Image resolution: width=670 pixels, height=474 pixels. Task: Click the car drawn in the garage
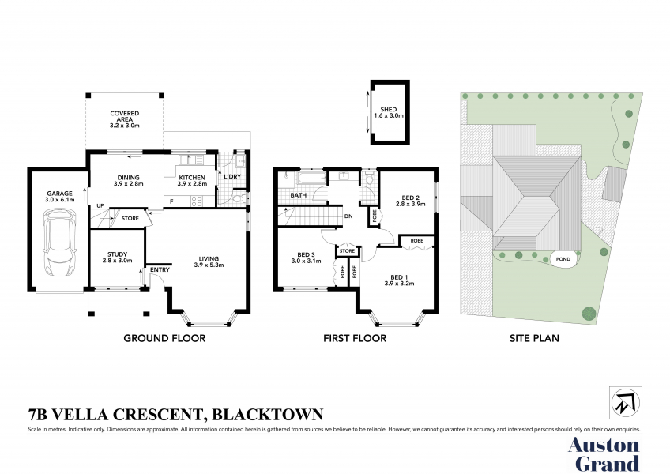point(60,242)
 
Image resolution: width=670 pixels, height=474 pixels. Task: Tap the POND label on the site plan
point(563,259)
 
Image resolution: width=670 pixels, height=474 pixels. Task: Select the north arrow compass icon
point(626,403)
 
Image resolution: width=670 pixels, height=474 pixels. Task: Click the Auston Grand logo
point(604,455)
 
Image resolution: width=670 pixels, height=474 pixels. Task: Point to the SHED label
point(389,110)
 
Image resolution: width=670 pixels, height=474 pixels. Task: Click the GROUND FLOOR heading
point(164,338)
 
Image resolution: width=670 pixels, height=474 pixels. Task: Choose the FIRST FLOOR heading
point(355,338)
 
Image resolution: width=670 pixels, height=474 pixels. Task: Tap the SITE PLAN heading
point(534,338)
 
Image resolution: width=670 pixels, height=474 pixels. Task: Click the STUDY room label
point(117,254)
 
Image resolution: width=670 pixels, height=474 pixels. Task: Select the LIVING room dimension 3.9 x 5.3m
point(209,265)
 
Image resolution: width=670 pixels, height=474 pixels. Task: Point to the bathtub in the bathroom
point(311,179)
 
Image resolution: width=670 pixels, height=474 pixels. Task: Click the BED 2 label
point(411,197)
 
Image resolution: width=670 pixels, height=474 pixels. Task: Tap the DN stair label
point(348,216)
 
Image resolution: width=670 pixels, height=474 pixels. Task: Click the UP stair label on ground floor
point(100,205)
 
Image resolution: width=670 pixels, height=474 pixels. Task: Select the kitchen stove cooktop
point(197,201)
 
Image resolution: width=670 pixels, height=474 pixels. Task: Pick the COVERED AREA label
point(125,116)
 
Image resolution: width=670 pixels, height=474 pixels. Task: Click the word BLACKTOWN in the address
point(268,414)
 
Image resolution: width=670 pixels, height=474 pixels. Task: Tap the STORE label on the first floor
point(347,251)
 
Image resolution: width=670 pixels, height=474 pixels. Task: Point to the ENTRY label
point(160,269)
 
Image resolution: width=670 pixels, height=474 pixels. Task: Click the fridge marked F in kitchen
point(171,201)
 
